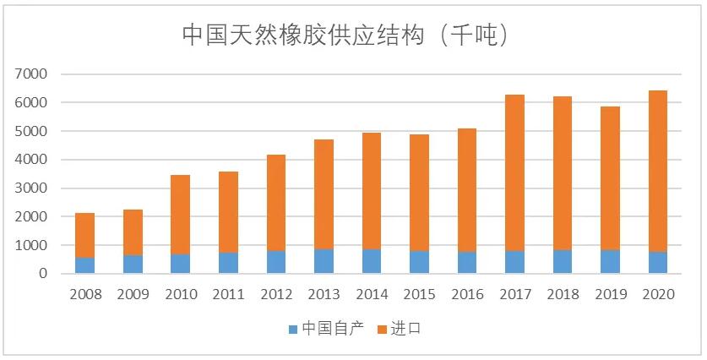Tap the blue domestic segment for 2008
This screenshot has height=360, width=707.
click(x=84, y=265)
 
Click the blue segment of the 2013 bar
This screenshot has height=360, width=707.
click(x=323, y=261)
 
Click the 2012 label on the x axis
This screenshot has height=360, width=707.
click(x=275, y=295)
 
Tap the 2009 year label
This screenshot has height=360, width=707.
click(x=133, y=295)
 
